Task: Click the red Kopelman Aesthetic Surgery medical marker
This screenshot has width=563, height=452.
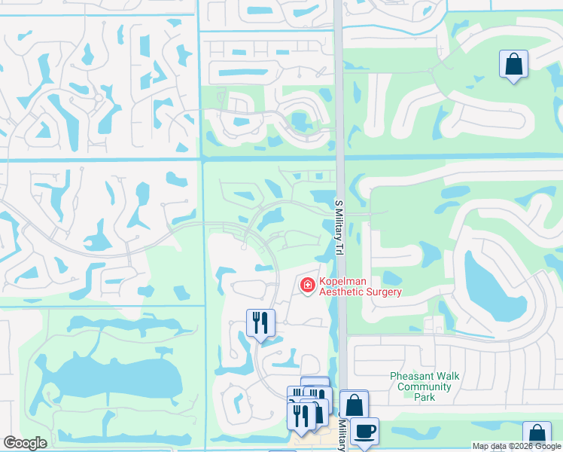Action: [307, 285]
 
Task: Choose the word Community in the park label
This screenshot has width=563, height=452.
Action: [425, 387]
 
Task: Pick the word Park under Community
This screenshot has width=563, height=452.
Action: [425, 397]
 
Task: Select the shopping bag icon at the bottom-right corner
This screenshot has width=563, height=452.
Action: [537, 435]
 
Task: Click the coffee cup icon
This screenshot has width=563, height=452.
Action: [364, 431]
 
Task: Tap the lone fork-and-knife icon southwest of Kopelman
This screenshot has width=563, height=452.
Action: [260, 323]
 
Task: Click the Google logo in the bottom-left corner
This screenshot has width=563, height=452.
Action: [25, 443]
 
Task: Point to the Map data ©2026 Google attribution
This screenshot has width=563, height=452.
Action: [516, 446]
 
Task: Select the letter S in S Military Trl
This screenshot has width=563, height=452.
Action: [338, 201]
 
